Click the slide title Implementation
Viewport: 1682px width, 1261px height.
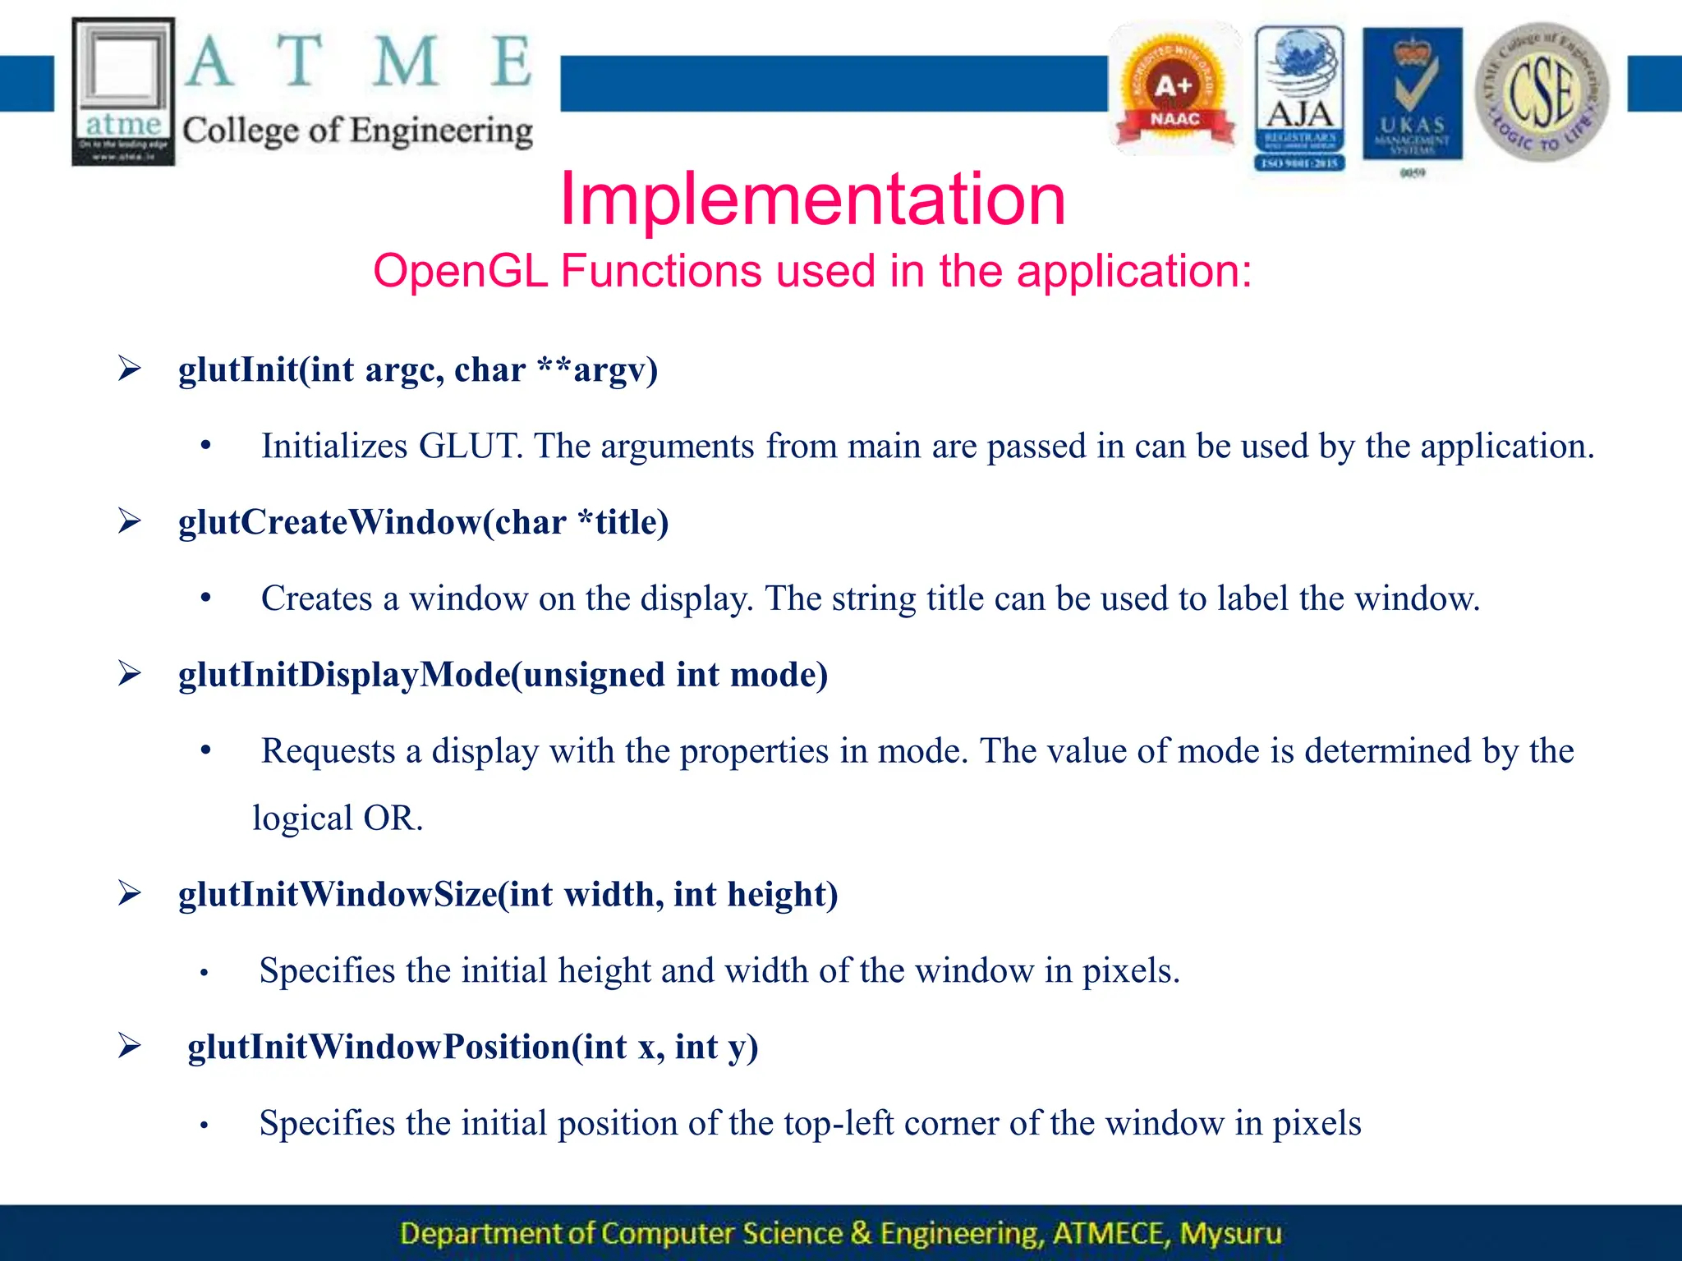(812, 199)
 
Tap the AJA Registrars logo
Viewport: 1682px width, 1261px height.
(1299, 97)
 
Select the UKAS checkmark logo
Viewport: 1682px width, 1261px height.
(1412, 94)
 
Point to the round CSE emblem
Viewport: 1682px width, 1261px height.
(1542, 92)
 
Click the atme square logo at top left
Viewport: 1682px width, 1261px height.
(123, 90)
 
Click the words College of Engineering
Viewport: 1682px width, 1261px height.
(357, 131)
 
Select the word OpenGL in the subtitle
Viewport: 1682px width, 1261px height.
(460, 271)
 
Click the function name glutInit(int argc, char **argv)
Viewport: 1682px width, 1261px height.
(418, 369)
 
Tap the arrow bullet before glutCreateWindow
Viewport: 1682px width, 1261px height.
(129, 521)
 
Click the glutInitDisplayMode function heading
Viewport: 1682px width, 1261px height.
(503, 675)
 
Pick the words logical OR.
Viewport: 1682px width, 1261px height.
(338, 819)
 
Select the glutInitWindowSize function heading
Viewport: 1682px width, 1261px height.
(508, 894)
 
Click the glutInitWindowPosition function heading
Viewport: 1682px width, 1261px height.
(472, 1047)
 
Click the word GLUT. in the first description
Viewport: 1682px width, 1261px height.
(471, 446)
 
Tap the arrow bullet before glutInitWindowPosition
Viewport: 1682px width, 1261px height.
(129, 1046)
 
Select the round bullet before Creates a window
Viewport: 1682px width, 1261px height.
(205, 598)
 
